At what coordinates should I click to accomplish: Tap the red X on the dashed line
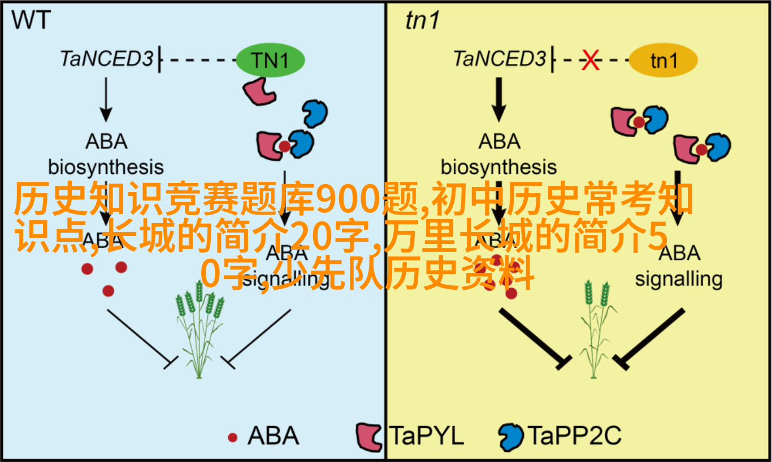click(591, 60)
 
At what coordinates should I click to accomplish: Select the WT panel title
click(32, 21)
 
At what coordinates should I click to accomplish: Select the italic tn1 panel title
click(422, 21)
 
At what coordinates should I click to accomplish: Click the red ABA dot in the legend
click(232, 437)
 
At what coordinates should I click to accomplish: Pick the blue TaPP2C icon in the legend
click(511, 437)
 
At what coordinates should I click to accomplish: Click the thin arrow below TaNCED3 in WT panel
click(105, 100)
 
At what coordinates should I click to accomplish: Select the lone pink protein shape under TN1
click(258, 90)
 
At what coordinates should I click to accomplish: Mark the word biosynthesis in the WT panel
click(106, 168)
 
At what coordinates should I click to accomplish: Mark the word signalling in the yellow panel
click(679, 279)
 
